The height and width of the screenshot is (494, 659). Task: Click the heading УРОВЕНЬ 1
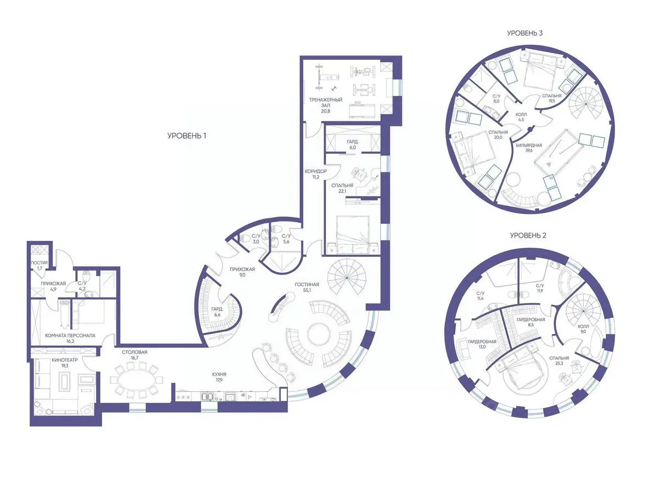pos(186,136)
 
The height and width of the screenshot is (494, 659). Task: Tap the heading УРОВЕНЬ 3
pos(524,33)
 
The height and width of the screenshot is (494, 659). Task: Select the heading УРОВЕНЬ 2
pos(528,235)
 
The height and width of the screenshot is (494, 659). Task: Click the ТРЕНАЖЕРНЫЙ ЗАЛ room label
pos(326,103)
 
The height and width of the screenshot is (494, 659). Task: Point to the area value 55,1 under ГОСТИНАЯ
pos(306,290)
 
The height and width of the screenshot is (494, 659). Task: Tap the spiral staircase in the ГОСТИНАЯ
pos(347,277)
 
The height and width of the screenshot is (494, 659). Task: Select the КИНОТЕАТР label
pos(65,360)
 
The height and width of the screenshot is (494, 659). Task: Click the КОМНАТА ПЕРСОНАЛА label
pos(70,335)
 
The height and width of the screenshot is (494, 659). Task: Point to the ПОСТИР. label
pos(39,263)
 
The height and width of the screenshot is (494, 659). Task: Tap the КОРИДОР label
pos(316,172)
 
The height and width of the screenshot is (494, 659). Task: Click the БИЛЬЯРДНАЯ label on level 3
pos(529,145)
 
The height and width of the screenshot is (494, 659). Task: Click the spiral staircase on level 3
pos(587,104)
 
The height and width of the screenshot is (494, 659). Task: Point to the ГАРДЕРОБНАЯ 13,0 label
pos(482,344)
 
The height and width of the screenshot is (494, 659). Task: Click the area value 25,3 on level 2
pos(559,363)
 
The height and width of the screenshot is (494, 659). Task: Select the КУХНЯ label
pos(219,374)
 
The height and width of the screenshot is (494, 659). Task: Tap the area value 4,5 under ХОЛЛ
pos(521,119)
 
